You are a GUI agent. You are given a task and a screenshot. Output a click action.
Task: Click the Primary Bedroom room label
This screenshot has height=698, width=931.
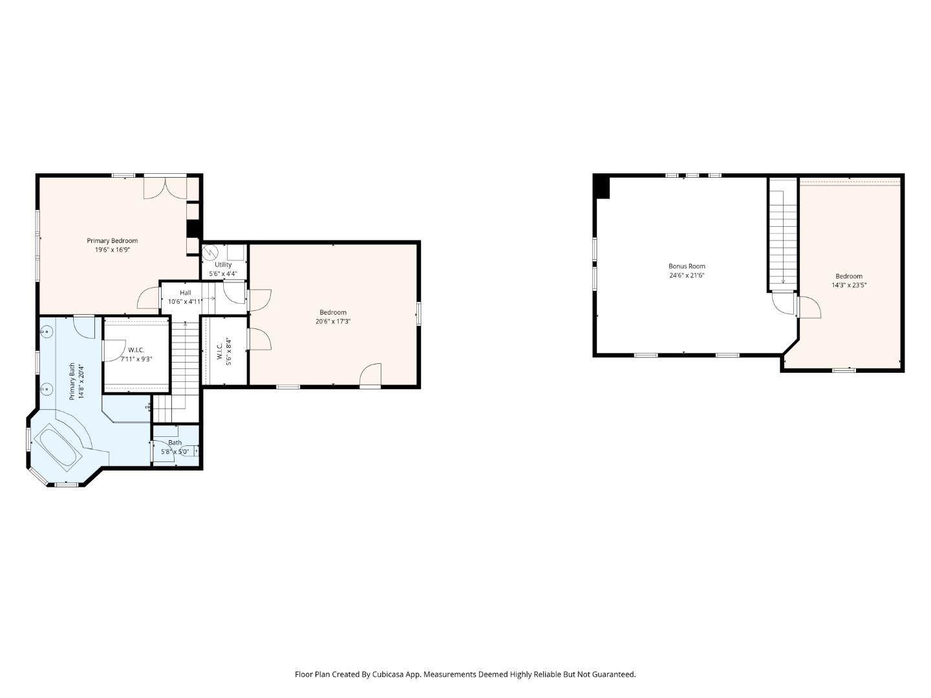[x=112, y=240]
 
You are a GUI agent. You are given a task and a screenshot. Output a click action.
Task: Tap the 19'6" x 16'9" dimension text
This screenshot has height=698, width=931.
[x=112, y=249]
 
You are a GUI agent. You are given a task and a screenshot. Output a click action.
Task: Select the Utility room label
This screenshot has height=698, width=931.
[x=223, y=264]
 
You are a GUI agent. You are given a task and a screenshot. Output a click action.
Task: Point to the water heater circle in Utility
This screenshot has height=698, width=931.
[x=209, y=251]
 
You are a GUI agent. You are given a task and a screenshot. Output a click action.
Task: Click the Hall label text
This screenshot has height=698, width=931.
[x=185, y=293]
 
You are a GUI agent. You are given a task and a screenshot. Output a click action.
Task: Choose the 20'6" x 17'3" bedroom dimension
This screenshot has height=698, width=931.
[x=333, y=321]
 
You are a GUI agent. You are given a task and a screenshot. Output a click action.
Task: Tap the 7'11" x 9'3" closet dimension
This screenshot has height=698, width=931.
[x=136, y=359]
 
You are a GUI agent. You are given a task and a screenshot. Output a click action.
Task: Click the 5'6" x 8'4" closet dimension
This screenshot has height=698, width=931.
[x=228, y=351]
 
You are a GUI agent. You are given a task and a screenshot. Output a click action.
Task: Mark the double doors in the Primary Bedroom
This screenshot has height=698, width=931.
[x=166, y=187]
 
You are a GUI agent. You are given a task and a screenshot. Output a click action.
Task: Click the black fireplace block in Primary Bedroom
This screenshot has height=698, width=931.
[x=193, y=229]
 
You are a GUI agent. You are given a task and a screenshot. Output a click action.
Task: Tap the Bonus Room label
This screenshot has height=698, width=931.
[x=687, y=266]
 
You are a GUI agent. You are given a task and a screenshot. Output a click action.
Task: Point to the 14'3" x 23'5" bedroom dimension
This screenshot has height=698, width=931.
[x=848, y=285]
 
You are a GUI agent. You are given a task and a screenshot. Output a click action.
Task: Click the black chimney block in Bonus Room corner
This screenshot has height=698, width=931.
[x=602, y=187]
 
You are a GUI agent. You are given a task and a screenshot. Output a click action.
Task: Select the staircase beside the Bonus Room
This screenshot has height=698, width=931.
[x=783, y=236]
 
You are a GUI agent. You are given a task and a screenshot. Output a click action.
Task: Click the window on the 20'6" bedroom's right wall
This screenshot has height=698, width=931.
[x=419, y=313]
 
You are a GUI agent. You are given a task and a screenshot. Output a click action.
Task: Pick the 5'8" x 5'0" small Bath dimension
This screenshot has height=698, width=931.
[x=175, y=452]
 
